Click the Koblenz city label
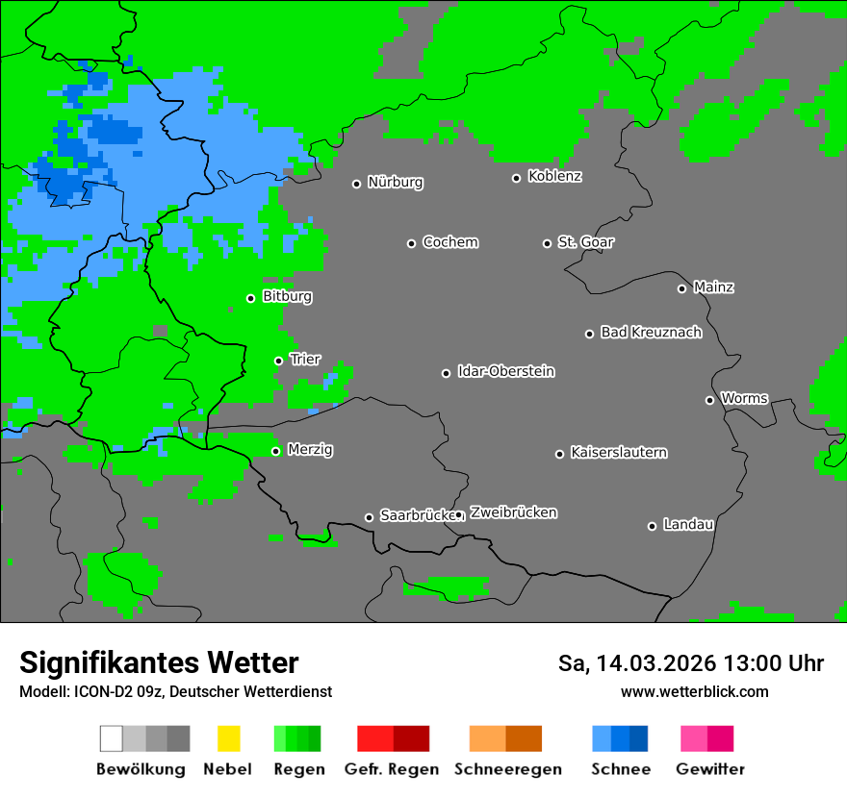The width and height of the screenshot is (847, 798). [554, 176]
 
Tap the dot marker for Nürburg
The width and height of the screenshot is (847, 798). [356, 184]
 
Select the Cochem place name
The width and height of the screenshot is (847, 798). [449, 242]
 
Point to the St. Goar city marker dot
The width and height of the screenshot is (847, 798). [547, 243]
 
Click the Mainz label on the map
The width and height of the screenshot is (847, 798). [713, 287]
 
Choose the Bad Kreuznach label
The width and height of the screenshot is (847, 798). [651, 332]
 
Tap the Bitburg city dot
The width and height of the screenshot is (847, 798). [250, 298]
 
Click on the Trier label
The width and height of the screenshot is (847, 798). [305, 359]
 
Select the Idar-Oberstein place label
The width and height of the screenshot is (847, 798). [505, 371]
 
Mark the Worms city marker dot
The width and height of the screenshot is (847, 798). [709, 400]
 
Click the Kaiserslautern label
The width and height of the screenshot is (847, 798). [618, 452]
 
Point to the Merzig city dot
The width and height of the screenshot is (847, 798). [275, 451]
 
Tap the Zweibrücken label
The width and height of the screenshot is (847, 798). [513, 512]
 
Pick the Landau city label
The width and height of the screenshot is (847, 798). [688, 524]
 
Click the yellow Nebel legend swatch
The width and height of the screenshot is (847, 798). [228, 738]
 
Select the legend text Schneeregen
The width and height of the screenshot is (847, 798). [507, 769]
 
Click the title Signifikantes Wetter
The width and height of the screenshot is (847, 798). [159, 662]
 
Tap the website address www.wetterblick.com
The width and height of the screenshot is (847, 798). [694, 691]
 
